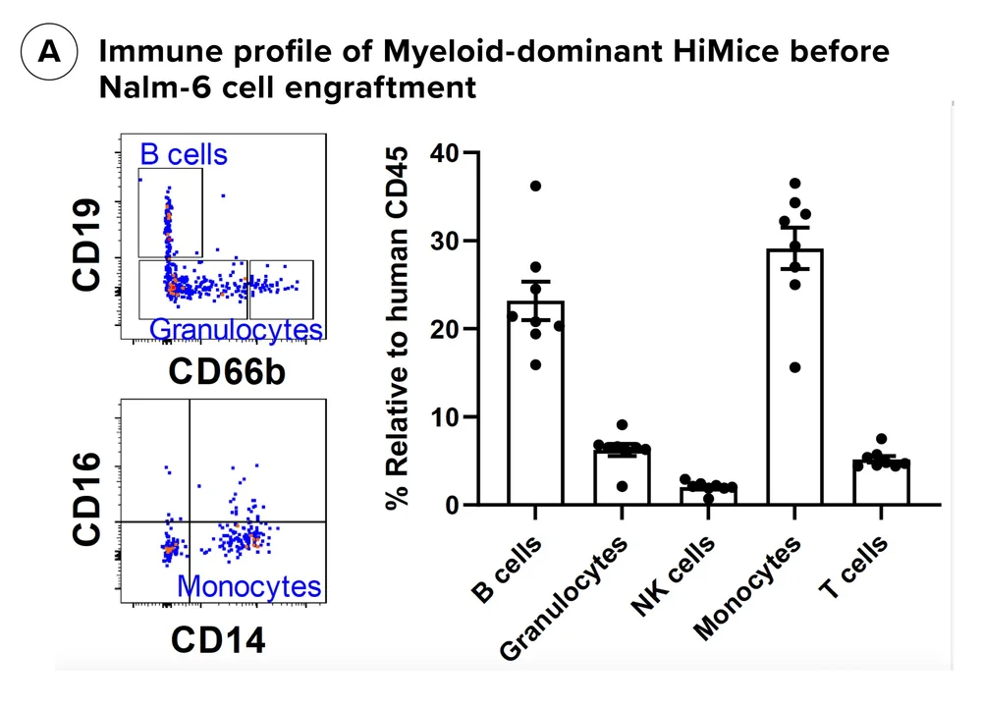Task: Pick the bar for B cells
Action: click(x=535, y=403)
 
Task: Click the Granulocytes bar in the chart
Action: click(x=622, y=476)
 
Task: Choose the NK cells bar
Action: click(x=708, y=495)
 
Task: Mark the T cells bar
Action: click(x=881, y=482)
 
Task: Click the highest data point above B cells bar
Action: click(x=535, y=186)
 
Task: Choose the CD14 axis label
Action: click(x=219, y=641)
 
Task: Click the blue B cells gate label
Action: click(x=184, y=155)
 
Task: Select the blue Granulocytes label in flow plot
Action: click(x=237, y=329)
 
